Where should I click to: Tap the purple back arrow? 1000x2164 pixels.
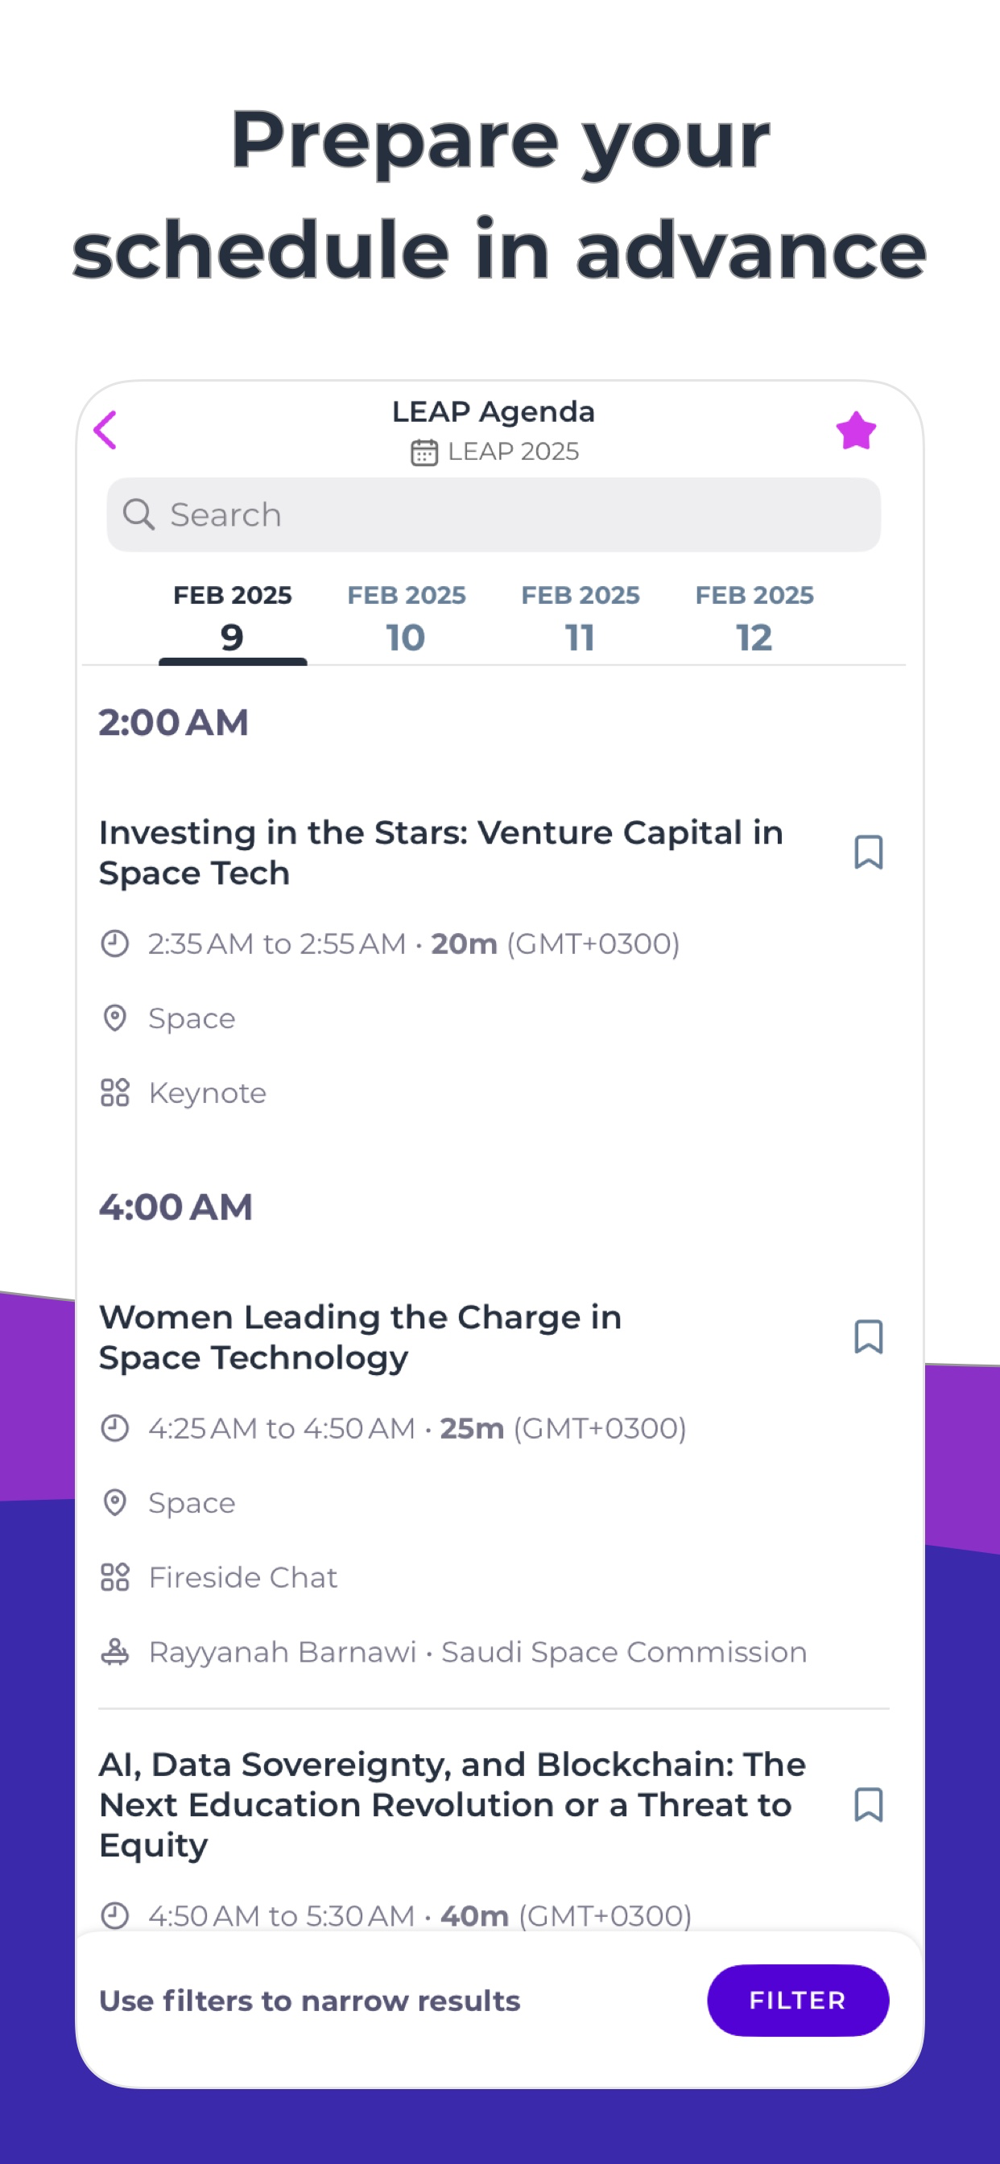coord(105,431)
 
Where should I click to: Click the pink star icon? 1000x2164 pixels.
coord(855,431)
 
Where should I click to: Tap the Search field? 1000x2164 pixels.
coord(494,515)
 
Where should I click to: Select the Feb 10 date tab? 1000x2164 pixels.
coord(407,618)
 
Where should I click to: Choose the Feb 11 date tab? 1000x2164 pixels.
coord(581,618)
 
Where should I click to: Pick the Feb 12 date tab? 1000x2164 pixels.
coord(754,618)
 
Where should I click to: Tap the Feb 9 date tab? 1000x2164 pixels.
coord(233,620)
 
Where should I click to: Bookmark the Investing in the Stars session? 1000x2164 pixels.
coord(868,852)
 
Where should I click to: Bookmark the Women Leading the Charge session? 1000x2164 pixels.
coord(868,1336)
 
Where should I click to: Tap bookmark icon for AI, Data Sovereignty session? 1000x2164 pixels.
coord(868,1804)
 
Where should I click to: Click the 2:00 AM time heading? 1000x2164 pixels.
coord(174,722)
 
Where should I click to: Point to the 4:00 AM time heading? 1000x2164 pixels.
coord(176,1207)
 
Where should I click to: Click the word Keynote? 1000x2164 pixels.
coord(208,1093)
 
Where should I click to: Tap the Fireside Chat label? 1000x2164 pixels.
coord(243,1578)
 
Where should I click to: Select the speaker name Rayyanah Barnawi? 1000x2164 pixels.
coord(283,1653)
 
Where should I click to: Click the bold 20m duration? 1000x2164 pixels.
coord(465,944)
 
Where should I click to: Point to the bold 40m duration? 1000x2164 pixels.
coord(475,1916)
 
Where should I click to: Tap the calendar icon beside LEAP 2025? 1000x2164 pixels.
coord(424,452)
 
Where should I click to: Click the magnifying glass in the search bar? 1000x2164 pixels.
coord(138,514)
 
